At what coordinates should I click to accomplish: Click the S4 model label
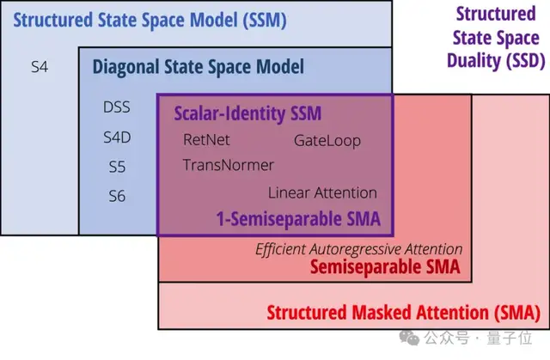tap(40, 65)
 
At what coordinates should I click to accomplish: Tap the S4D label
tap(117, 137)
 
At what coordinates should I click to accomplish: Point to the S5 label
tap(117, 167)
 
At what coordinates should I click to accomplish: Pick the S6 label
tap(117, 196)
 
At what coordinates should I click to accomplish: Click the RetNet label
tap(207, 139)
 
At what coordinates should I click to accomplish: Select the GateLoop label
tap(327, 140)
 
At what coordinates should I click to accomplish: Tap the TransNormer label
tap(229, 165)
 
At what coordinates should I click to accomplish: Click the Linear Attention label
tap(322, 192)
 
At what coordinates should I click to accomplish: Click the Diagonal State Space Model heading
tap(198, 65)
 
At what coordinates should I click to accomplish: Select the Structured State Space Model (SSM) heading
tap(150, 19)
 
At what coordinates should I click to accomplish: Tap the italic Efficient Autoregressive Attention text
tap(359, 249)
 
